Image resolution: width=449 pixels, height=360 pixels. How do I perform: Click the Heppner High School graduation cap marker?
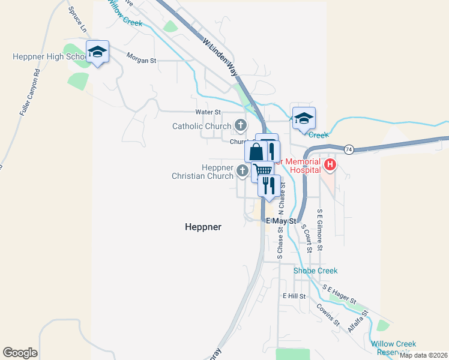97,52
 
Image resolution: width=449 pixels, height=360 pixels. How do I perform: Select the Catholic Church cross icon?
241,125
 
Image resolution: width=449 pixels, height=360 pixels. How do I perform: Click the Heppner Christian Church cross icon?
243,172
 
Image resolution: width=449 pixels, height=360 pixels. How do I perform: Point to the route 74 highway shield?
349,149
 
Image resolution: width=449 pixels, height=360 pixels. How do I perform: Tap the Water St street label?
208,112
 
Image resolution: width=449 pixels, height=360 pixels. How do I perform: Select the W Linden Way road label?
220,58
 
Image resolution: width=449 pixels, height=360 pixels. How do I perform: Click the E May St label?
282,221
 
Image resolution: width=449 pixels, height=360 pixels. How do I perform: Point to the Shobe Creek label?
315,271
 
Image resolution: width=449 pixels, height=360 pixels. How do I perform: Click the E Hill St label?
294,296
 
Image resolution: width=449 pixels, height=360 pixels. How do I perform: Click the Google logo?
20,353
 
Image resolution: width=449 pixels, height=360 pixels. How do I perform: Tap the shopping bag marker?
256,151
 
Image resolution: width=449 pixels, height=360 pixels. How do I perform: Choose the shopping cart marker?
263,172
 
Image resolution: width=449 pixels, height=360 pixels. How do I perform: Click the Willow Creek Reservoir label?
393,347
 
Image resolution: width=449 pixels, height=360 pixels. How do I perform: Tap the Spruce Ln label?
77,20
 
